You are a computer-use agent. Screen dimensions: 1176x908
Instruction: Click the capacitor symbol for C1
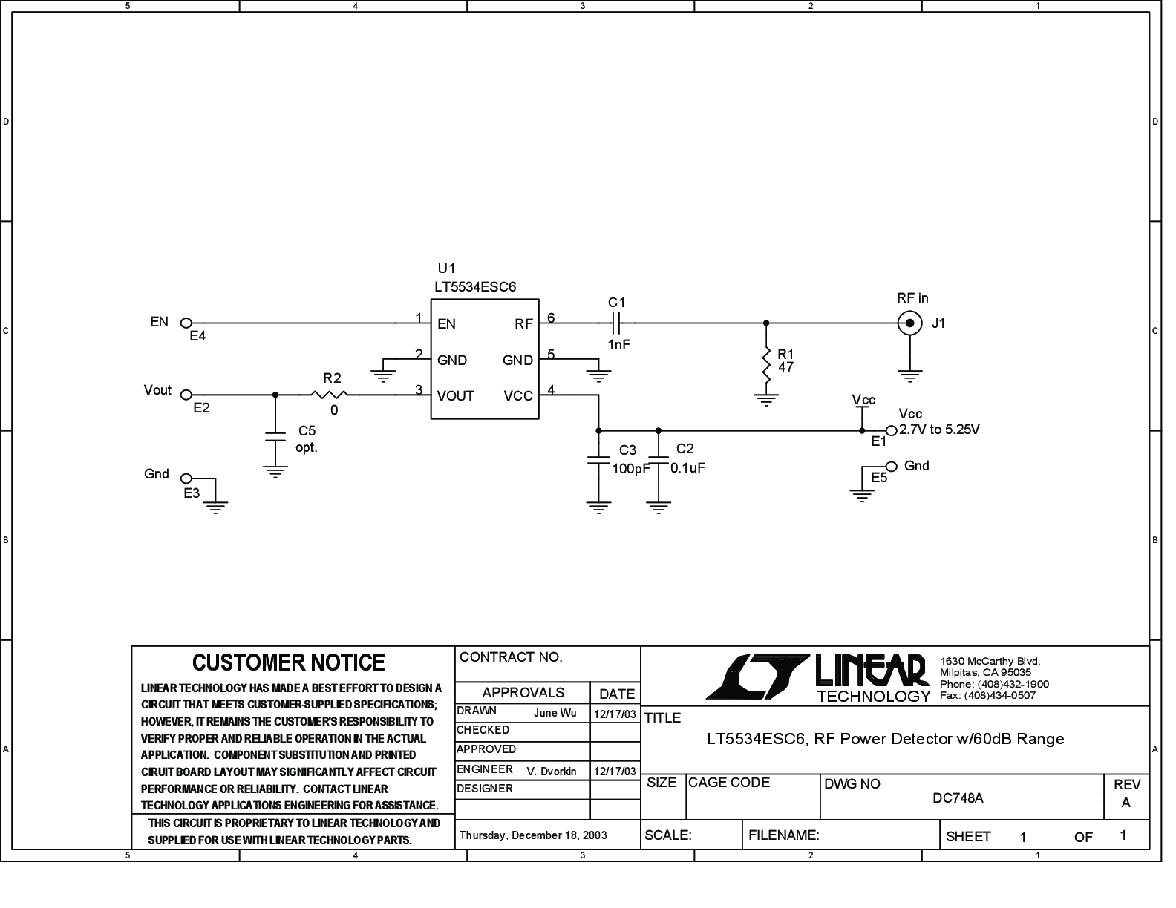pos(616,323)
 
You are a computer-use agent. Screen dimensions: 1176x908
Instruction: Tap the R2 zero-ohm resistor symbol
pos(329,394)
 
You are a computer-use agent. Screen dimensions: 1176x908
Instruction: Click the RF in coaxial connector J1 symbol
pos(909,323)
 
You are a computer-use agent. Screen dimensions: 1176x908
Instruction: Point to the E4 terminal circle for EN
pos(186,323)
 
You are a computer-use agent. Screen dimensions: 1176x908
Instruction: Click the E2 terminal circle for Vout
pos(186,395)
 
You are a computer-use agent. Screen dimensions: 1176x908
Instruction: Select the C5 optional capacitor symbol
pos(275,436)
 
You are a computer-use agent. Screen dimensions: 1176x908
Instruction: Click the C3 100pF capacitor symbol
pos(598,460)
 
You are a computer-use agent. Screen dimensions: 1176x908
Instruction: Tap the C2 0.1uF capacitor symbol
pos(658,460)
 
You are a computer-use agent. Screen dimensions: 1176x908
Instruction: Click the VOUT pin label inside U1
pos(455,396)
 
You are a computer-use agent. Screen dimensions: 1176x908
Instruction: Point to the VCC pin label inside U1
pos(518,396)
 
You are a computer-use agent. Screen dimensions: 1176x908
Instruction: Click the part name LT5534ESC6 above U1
pos(475,286)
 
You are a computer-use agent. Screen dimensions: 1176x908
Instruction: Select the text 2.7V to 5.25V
pos(939,430)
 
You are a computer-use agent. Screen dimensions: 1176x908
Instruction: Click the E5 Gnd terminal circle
pos(892,466)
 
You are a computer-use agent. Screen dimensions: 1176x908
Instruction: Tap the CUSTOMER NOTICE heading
pos(289,662)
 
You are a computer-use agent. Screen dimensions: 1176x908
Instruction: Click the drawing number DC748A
pos(958,798)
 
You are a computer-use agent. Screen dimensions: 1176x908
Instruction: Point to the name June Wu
pos(555,713)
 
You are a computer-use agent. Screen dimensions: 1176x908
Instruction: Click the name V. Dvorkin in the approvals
pos(552,772)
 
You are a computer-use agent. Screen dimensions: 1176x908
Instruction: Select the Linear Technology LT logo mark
pos(758,677)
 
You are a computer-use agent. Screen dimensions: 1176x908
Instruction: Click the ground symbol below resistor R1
pos(765,400)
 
